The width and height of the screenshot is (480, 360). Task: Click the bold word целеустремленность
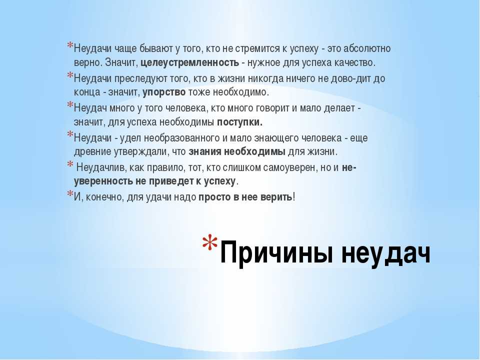pos(190,63)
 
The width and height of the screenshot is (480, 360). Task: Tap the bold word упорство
pos(164,92)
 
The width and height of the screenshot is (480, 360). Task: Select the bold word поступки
pos(239,122)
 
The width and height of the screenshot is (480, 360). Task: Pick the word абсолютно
pos(367,48)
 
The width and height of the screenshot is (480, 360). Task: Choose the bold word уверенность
pos(103,181)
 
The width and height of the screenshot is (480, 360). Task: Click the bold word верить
pos(276,197)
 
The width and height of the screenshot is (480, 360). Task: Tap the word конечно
pos(104,197)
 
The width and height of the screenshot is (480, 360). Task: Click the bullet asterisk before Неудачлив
pos(70,164)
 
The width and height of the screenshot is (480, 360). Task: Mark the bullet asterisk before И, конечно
pos(70,194)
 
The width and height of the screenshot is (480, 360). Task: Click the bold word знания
pos(205,152)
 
